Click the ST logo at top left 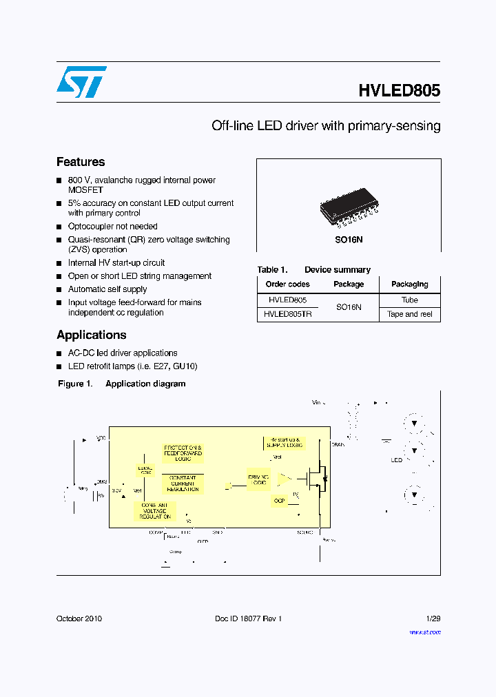[81, 82]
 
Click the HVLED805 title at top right [399, 91]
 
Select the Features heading [81, 162]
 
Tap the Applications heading [91, 335]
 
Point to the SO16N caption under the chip [349, 239]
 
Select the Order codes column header [287, 284]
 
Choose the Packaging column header [409, 284]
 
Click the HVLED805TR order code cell [287, 314]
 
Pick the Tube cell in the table [409, 300]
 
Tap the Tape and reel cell [409, 314]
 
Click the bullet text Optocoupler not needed [112, 226]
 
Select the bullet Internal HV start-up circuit [116, 262]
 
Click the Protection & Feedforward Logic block [183, 452]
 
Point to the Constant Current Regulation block [182, 483]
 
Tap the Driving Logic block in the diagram [259, 479]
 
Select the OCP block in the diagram [279, 501]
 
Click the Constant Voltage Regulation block [154, 511]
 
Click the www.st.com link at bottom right [424, 632]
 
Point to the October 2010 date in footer [79, 618]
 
